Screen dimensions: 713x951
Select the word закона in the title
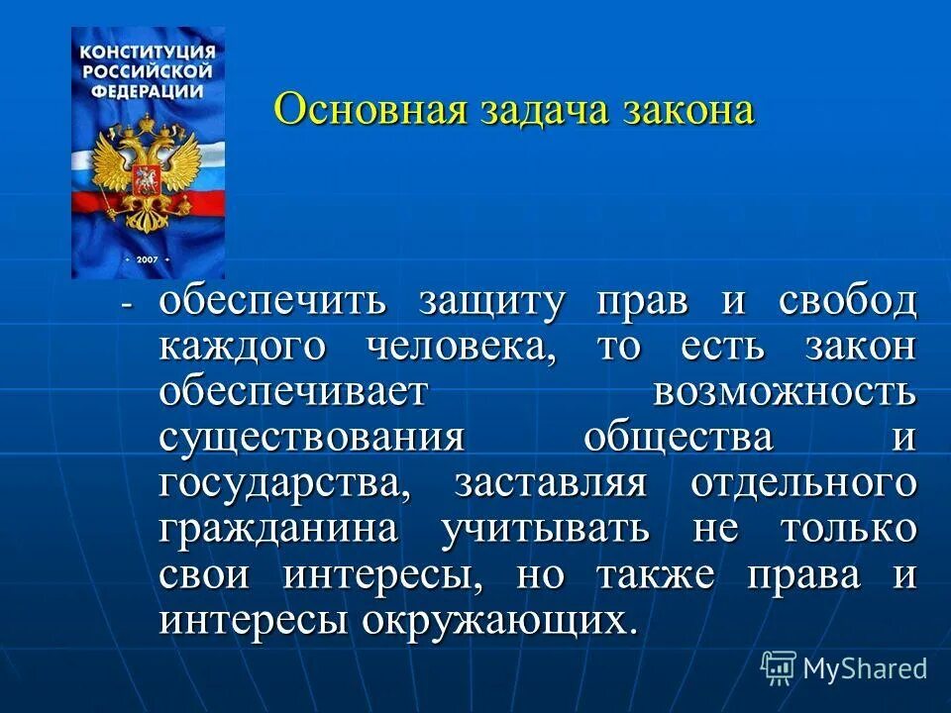pos(689,109)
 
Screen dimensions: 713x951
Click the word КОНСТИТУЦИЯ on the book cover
pos(148,51)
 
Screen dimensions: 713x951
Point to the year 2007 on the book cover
pos(148,256)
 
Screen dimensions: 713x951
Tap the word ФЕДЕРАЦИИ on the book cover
pos(148,89)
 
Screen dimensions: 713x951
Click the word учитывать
pos(546,530)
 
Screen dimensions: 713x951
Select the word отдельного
pos(802,484)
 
